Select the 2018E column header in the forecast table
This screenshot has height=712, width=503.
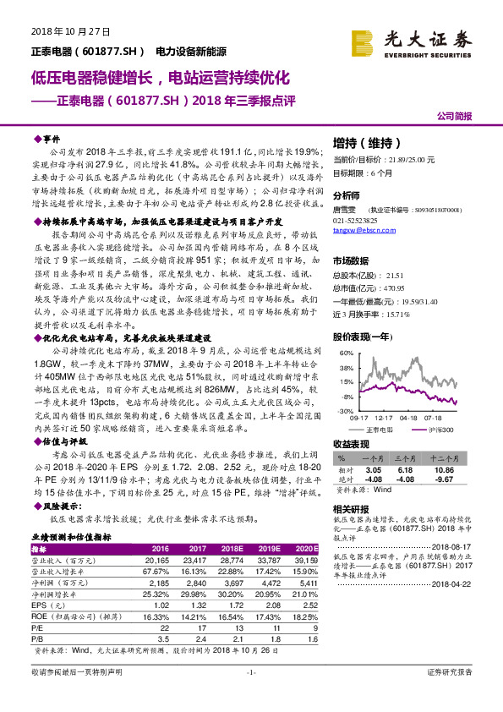(253, 548)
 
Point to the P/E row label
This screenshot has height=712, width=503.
(38, 627)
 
